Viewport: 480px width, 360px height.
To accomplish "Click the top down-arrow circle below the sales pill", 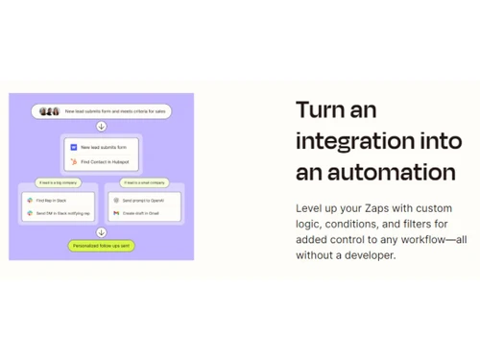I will point(102,127).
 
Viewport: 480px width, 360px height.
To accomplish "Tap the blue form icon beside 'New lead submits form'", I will point(73,145).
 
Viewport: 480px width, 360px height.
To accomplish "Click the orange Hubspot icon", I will point(73,162).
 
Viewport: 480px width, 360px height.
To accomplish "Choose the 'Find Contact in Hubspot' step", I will point(108,162).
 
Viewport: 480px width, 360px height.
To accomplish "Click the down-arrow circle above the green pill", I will point(102,231).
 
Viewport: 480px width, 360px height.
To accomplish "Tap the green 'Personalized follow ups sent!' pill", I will point(102,246).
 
